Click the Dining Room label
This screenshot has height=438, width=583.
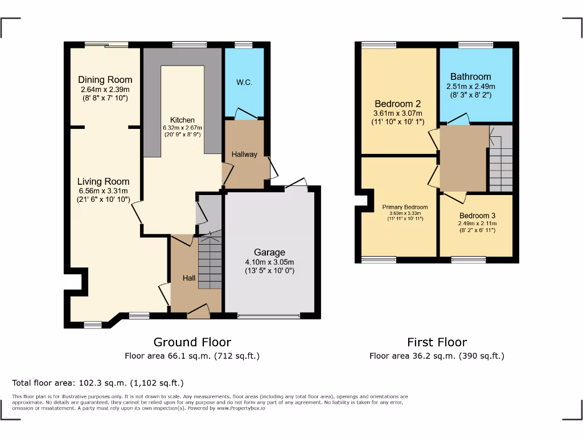click(105, 80)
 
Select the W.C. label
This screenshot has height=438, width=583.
click(244, 82)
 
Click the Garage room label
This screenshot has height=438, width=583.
click(269, 252)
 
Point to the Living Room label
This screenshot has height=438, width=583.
click(104, 182)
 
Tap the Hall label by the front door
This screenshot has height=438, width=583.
click(188, 278)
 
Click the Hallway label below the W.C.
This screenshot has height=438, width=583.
click(244, 154)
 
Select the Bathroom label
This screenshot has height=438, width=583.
click(470, 76)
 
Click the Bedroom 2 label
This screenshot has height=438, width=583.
click(397, 104)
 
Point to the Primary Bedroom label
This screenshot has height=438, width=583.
click(405, 207)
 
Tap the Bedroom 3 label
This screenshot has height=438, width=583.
click(477, 216)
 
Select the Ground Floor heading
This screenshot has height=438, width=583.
click(192, 342)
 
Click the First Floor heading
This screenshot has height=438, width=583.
click(437, 342)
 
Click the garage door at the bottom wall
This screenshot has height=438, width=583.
click(269, 316)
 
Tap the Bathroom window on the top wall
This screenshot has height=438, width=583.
click(476, 44)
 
